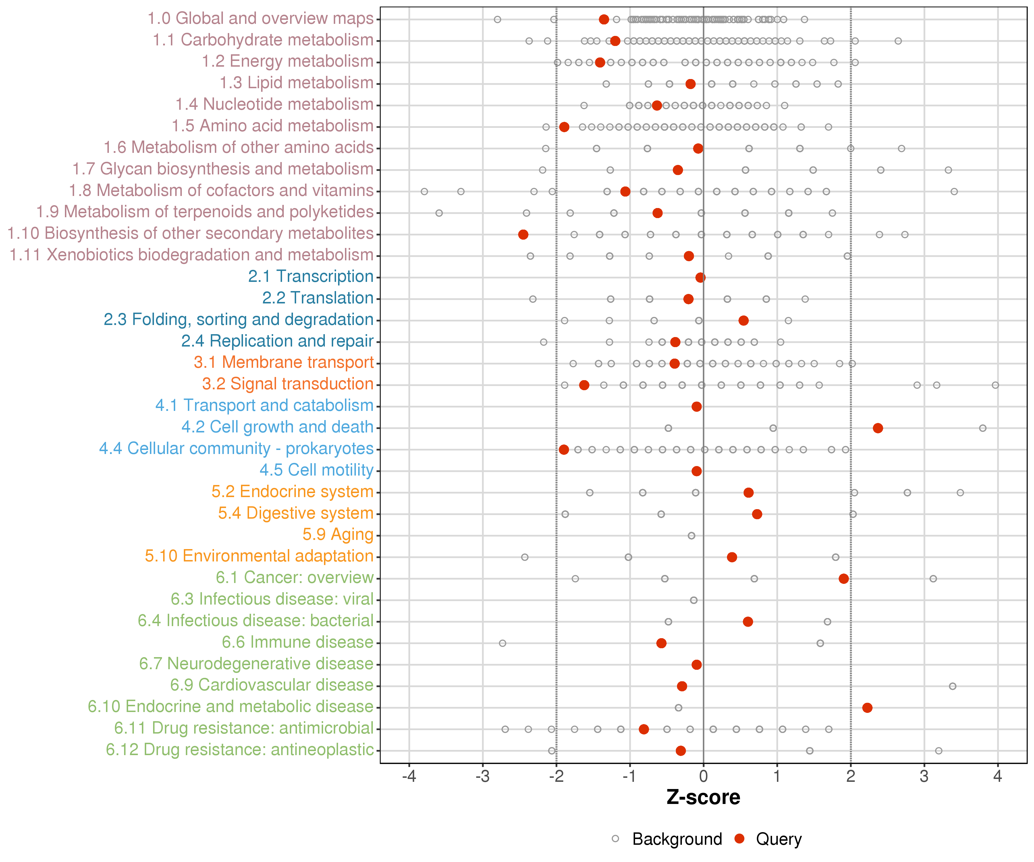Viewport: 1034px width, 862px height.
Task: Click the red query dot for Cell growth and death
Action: (x=877, y=428)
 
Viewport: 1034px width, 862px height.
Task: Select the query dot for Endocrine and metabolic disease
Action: (x=867, y=707)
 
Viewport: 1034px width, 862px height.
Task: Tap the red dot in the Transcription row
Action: (x=700, y=277)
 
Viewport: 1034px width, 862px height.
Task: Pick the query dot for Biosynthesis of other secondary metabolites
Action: (x=523, y=234)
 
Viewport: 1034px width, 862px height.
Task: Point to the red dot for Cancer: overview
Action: (x=844, y=578)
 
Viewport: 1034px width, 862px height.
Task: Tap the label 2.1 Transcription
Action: (x=311, y=276)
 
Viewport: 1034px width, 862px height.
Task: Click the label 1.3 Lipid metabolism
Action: (x=296, y=83)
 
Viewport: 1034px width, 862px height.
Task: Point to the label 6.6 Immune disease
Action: (x=297, y=642)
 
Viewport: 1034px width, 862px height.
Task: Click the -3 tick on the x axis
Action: (x=483, y=777)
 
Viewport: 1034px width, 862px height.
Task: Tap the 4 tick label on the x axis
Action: (x=998, y=777)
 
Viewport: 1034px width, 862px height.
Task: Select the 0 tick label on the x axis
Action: (x=703, y=777)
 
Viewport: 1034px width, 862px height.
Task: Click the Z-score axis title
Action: (x=703, y=797)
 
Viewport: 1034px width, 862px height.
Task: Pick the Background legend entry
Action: (x=677, y=839)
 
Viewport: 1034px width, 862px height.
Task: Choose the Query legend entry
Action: (x=778, y=839)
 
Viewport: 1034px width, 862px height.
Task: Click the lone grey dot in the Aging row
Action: (x=691, y=535)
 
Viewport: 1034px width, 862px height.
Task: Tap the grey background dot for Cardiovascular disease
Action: (x=952, y=686)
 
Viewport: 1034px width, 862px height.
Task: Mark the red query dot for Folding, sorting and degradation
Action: (x=744, y=321)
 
